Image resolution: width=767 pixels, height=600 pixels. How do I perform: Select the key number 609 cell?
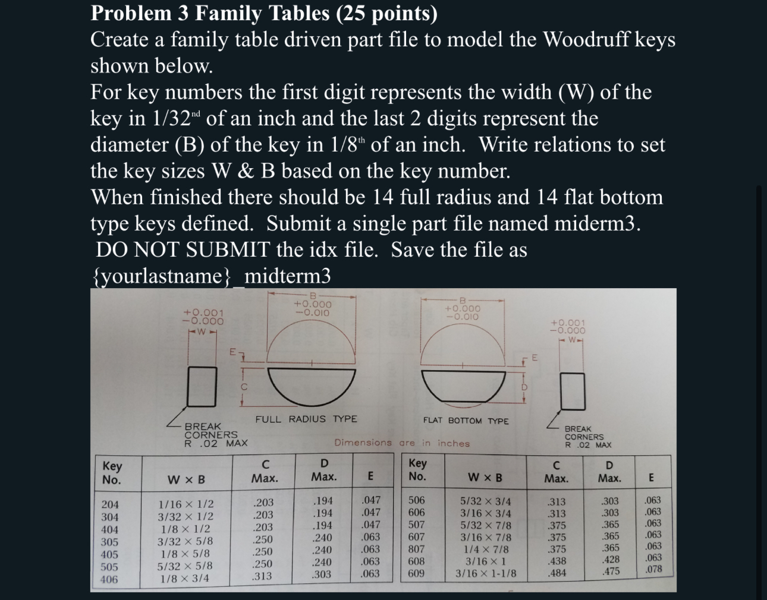tap(416, 573)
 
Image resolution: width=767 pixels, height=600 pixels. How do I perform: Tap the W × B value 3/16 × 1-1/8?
tap(486, 574)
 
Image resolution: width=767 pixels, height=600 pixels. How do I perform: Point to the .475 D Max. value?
tap(611, 571)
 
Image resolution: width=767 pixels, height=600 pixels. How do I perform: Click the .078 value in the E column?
tap(652, 569)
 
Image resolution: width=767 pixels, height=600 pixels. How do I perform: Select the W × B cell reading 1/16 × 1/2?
tap(185, 504)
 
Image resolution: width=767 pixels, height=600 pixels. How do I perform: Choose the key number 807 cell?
tap(416, 549)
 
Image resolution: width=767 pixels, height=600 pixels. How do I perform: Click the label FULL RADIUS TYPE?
tap(306, 419)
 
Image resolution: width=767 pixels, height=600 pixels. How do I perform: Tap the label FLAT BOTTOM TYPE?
tap(466, 421)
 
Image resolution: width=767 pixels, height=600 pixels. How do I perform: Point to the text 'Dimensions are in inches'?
tap(402, 443)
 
